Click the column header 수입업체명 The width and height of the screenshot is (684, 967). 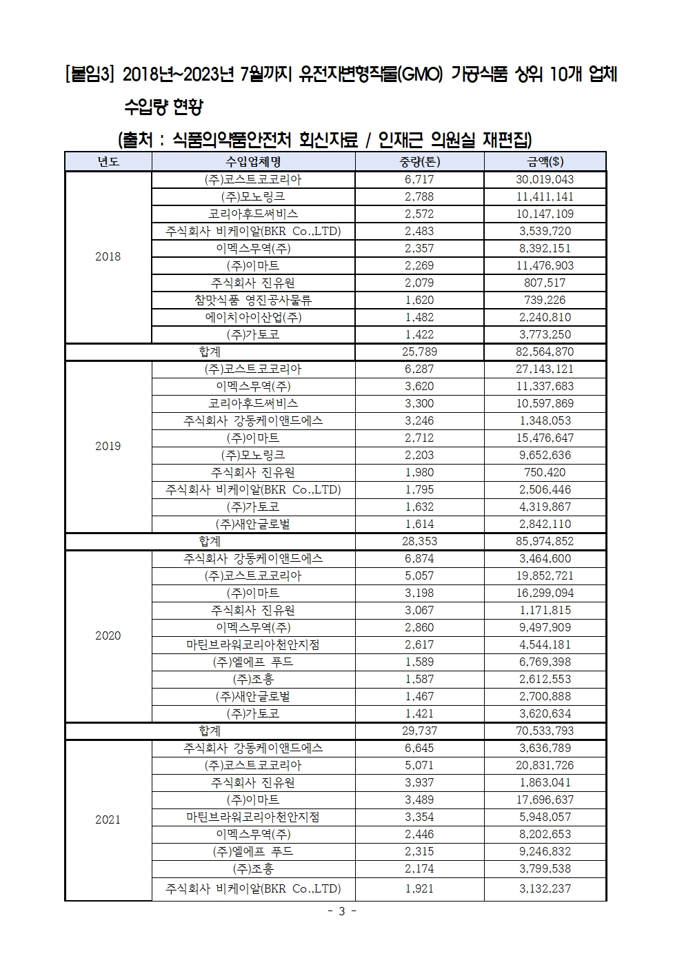pos(253,162)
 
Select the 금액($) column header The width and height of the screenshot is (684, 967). pos(545,162)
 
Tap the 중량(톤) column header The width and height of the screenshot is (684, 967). pos(419,162)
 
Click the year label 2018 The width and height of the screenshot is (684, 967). pos(108,256)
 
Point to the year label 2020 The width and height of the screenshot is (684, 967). pos(108,635)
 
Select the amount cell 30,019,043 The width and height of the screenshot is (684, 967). pos(545,179)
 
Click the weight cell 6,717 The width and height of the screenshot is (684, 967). pos(419,179)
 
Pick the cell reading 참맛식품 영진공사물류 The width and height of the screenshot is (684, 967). pos(253,300)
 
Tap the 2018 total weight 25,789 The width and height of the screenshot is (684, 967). pos(419,352)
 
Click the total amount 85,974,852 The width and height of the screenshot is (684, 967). pos(545,541)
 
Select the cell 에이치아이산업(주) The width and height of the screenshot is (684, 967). pos(253,317)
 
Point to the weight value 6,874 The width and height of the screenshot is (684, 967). pos(419,558)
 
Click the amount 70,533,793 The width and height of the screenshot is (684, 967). pos(545,731)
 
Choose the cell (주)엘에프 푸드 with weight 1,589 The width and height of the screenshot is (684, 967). pos(253,662)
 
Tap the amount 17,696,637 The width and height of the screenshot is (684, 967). pos(545,800)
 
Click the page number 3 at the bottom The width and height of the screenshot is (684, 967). pos(341,911)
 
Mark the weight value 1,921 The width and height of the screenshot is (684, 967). pos(419,888)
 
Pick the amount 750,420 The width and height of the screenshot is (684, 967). pos(545,472)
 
